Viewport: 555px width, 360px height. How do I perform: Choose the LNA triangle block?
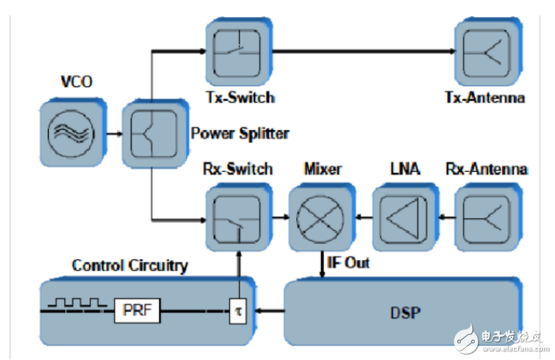[402, 218]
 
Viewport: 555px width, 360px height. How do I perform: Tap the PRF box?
[136, 311]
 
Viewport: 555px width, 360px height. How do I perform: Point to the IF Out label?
[347, 263]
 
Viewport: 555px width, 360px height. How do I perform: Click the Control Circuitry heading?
[129, 266]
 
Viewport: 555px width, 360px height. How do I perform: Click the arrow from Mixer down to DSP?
[322, 264]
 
